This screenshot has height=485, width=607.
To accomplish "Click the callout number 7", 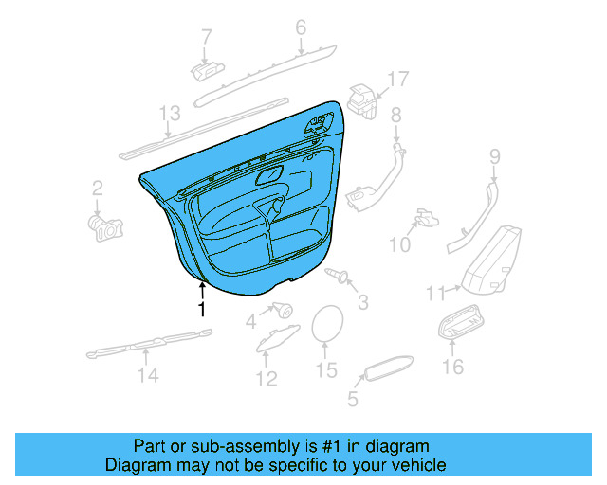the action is pos(207,37).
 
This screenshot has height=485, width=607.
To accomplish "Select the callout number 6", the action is pos(301,27).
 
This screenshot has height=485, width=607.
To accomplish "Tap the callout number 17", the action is pos(398,80).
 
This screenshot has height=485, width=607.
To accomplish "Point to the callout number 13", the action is pos(170,114).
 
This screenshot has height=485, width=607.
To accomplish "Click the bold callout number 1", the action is pos(201,309).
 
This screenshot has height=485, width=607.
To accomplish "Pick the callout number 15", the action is pos(326,369).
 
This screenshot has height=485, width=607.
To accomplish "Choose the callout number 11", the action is pos(436,294).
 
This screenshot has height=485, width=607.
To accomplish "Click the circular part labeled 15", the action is pos(327,324).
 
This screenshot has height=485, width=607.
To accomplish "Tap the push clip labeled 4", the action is pos(283,310).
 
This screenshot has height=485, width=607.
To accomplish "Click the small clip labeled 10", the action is pos(427,217).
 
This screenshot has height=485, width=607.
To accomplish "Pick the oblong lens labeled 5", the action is pos(388,368).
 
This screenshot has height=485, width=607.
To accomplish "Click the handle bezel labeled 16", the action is pos(462,321).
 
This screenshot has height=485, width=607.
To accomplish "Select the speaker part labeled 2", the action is pos(105,228).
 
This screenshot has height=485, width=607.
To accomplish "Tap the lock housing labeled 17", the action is pos(362,101).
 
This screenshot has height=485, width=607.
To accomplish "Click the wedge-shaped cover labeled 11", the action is pos(491,260).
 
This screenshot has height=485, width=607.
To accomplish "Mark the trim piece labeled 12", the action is pos(278,338).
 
